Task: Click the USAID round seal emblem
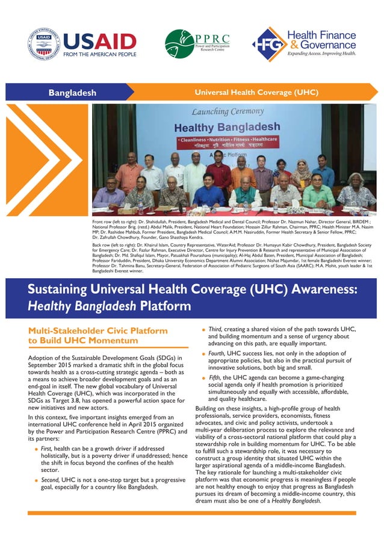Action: pos(44,44)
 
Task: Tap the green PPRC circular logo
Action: pos(179,43)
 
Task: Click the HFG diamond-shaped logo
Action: pos(270,44)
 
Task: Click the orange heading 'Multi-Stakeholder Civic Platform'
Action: pos(90,330)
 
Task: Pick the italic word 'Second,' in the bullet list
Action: pos(49,480)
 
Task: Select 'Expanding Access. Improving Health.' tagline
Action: pos(321,54)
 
